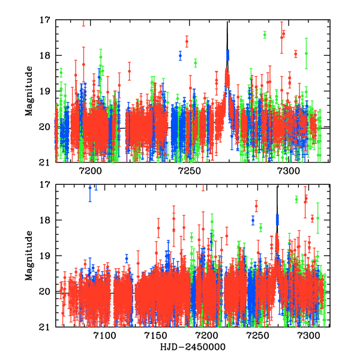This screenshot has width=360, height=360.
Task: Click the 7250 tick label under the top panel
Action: pyautogui.click(x=189, y=170)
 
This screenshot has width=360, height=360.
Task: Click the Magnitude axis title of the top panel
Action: pyautogui.click(x=29, y=91)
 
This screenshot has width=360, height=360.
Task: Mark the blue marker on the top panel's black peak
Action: pyautogui.click(x=227, y=55)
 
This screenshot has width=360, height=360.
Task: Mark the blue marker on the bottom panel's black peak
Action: pyautogui.click(x=277, y=220)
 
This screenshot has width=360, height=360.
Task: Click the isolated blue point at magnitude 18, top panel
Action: pyautogui.click(x=180, y=55)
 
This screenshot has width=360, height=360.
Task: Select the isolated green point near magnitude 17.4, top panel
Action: pyautogui.click(x=265, y=34)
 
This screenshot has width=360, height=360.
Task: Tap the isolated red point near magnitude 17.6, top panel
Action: pyautogui.click(x=187, y=41)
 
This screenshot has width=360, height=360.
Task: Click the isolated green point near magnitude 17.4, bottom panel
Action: pyautogui.click(x=296, y=199)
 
